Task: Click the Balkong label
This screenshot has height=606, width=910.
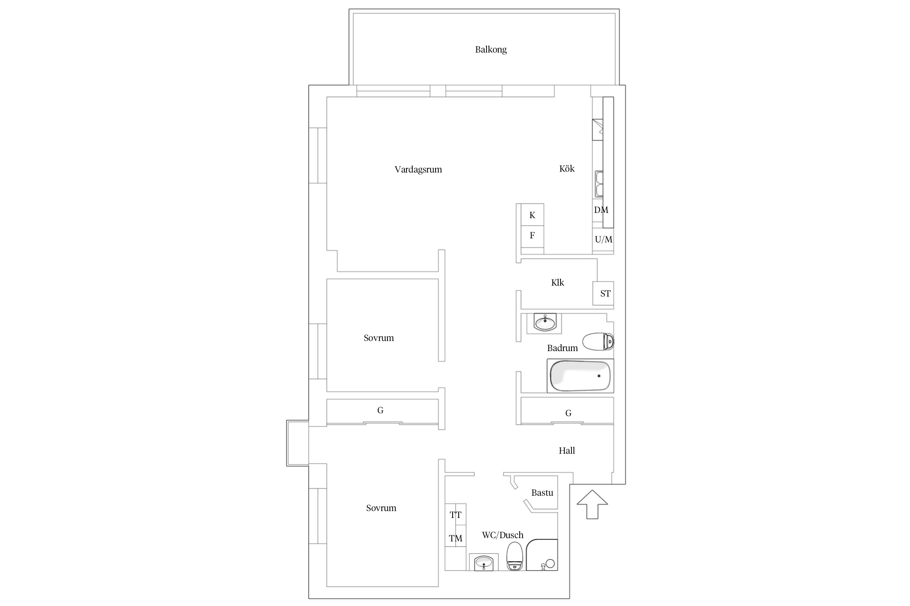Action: (491, 49)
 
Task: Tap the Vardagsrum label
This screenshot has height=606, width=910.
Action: (418, 169)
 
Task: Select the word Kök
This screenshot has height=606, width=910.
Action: (567, 168)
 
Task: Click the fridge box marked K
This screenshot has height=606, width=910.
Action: (532, 215)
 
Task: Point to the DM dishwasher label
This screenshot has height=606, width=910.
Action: (601, 210)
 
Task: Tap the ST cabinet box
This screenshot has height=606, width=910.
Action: (603, 293)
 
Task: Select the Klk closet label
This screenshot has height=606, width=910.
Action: (557, 282)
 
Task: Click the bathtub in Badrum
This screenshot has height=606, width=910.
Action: (580, 376)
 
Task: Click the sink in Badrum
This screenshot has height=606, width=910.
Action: (545, 322)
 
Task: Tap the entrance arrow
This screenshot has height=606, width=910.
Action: (592, 504)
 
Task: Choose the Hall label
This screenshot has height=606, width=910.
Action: (567, 450)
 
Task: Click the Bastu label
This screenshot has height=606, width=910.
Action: (542, 492)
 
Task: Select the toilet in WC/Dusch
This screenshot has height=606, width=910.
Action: (515, 556)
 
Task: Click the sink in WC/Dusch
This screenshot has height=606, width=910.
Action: (484, 562)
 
